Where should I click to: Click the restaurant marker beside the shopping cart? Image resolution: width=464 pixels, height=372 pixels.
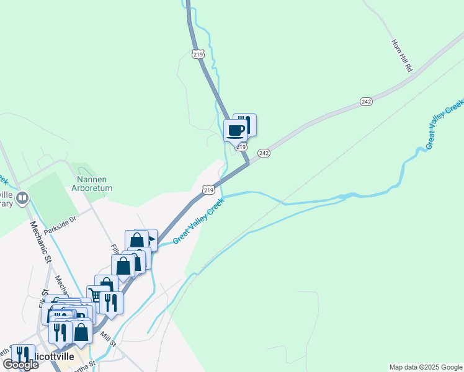(111, 303)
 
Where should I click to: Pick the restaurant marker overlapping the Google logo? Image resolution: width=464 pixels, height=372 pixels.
(23, 355)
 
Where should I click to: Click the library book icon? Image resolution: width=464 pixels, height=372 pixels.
(23, 199)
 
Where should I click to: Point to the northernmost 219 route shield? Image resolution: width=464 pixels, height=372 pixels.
(198, 54)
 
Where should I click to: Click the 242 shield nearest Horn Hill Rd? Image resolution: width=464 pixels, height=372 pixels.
(366, 102)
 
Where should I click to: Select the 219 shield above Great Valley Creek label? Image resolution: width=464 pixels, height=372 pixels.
(208, 189)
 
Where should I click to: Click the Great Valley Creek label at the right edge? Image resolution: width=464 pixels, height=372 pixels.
(445, 123)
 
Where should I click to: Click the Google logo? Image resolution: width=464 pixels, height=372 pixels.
(20, 365)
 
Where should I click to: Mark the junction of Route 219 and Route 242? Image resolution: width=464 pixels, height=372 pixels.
(249, 164)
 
